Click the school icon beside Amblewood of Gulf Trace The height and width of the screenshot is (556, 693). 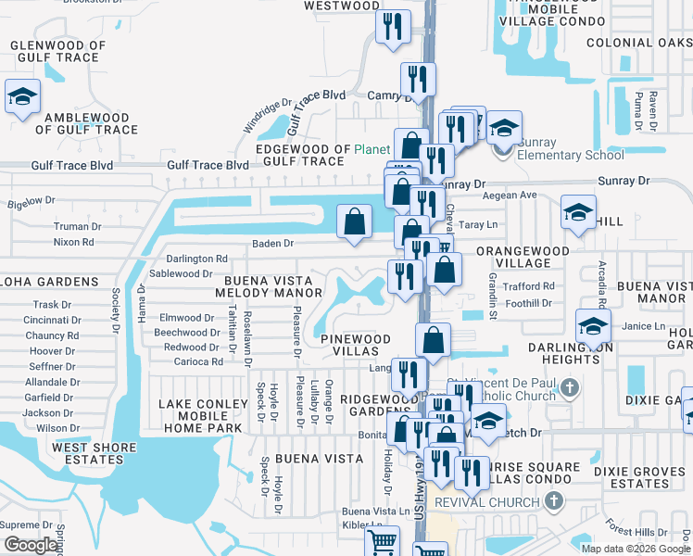tap(20, 96)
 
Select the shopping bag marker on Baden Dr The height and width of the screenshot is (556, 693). tap(354, 221)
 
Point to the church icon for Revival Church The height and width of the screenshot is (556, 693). tap(554, 502)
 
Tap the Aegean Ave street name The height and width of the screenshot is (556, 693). tap(516, 196)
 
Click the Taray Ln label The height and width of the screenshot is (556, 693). tap(479, 224)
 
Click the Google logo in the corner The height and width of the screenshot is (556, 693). tap(31, 545)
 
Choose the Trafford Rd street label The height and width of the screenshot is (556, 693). tap(530, 287)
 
